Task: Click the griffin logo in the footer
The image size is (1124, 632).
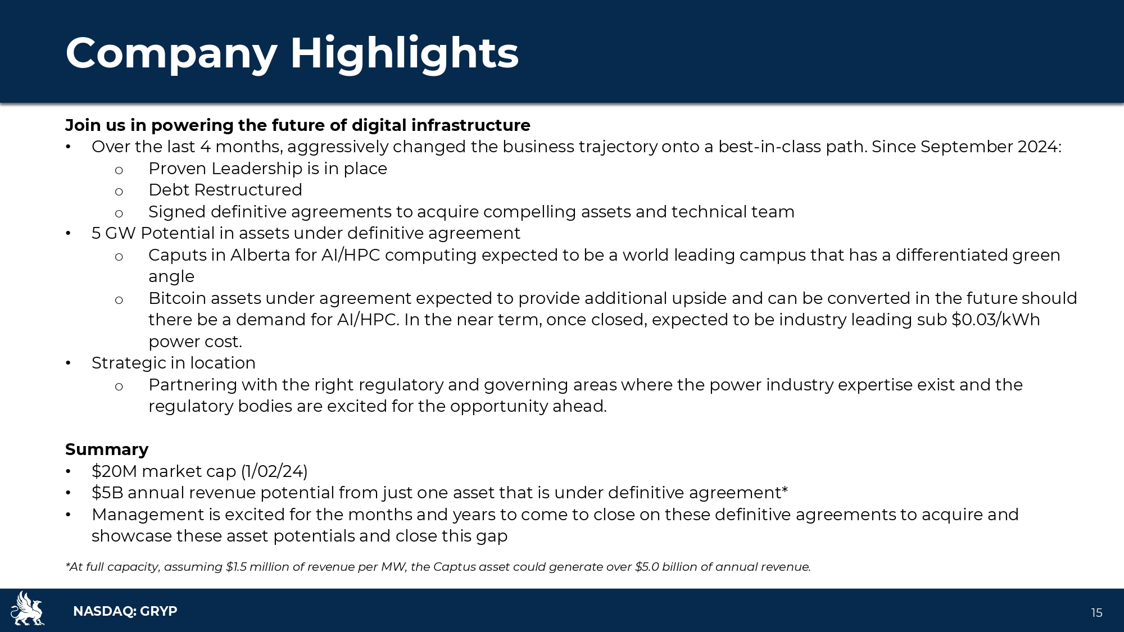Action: tap(27, 608)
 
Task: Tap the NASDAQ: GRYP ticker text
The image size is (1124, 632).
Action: tap(125, 611)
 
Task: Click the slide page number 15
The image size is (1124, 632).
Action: tap(1096, 613)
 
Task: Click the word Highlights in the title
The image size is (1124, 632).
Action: tap(404, 54)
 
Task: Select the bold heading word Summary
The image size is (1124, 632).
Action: tap(107, 449)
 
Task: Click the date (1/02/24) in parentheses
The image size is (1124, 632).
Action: tap(274, 471)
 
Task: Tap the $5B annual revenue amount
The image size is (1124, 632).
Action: tap(107, 493)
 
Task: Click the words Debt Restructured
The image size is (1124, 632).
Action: tap(225, 190)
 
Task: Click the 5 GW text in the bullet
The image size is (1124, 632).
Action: tap(114, 233)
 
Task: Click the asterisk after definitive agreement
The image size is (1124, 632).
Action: tap(785, 490)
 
